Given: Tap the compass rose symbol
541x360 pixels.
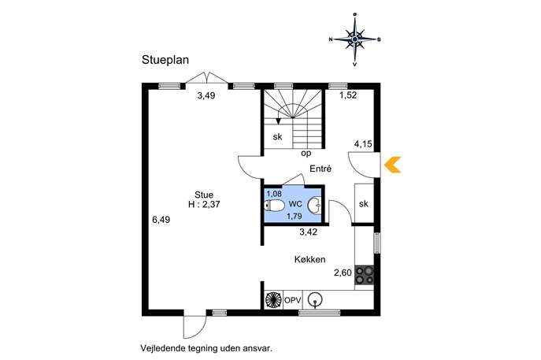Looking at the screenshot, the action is pyautogui.click(x=354, y=39).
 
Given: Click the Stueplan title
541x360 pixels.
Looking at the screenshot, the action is pyautogui.click(x=165, y=60).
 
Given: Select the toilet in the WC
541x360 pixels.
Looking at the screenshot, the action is pyautogui.click(x=274, y=206).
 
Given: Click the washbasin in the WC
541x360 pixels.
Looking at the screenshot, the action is pyautogui.click(x=314, y=206).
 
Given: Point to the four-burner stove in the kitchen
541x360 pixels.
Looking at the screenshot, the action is pyautogui.click(x=365, y=275).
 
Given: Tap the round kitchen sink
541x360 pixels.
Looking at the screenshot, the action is pyautogui.click(x=315, y=299).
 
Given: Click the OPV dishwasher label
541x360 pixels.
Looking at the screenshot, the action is pyautogui.click(x=293, y=300).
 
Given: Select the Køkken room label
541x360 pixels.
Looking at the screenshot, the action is pyautogui.click(x=309, y=259).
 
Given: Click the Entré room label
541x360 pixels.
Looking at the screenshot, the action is pyautogui.click(x=321, y=169).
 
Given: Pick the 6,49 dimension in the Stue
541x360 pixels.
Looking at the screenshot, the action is pyautogui.click(x=161, y=220).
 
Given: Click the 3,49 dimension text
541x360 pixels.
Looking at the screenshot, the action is pyautogui.click(x=206, y=95).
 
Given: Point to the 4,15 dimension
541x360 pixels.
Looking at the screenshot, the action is pyautogui.click(x=363, y=144).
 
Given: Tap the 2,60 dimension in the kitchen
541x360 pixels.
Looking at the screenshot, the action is pyautogui.click(x=343, y=273).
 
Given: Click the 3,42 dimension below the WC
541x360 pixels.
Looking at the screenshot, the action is pyautogui.click(x=308, y=232).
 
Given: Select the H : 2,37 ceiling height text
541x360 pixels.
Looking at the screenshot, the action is pyautogui.click(x=204, y=205).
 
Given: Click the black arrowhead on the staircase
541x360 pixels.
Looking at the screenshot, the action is pyautogui.click(x=278, y=121).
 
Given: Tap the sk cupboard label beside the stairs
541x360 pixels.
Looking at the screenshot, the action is pyautogui.click(x=277, y=137).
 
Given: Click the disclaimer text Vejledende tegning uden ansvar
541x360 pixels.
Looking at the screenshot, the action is pyautogui.click(x=206, y=348).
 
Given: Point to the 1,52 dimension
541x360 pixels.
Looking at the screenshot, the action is pyautogui.click(x=348, y=95).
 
